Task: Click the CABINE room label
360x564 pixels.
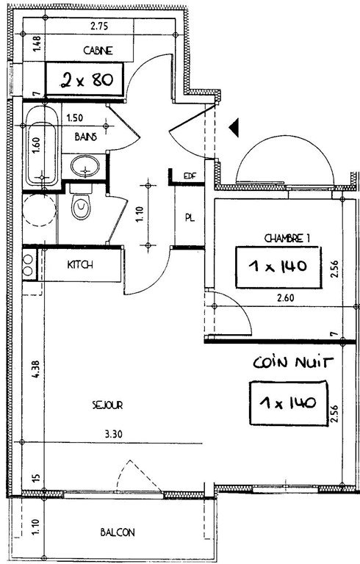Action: (98, 51)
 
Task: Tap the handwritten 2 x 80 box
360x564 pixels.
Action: (85, 79)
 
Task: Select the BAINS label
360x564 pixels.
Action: (86, 137)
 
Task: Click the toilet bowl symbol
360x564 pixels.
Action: (81, 207)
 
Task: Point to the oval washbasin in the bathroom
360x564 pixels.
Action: (85, 166)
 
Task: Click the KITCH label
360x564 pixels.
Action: (80, 265)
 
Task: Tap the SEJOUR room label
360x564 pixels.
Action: (107, 405)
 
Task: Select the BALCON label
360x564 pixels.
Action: (118, 532)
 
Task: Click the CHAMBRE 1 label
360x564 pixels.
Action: (287, 238)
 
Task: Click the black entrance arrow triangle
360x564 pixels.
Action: (234, 128)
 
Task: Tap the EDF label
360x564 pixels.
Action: (190, 176)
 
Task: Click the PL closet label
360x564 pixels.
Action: (190, 217)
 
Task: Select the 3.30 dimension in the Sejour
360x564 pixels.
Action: (113, 434)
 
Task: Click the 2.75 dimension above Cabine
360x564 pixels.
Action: (99, 26)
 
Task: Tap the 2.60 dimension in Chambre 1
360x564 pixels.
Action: (286, 298)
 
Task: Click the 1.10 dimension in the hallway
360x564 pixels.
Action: (140, 214)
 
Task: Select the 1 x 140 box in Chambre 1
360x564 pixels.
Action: (278, 267)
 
